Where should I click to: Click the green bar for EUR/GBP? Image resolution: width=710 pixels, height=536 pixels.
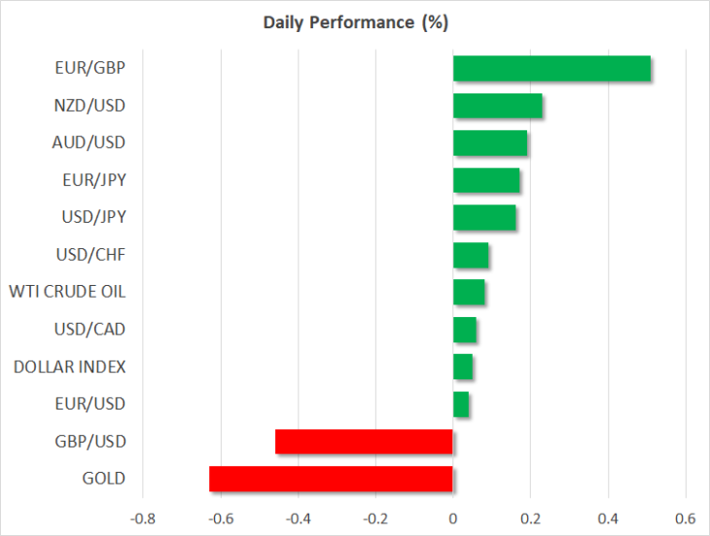point(551,68)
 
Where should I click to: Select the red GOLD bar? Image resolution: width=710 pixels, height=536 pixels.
point(331,479)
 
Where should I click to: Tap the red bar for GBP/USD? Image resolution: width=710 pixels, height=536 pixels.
point(364,442)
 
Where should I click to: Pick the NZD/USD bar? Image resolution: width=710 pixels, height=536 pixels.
point(498,105)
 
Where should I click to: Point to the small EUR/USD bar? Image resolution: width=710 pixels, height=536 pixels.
point(461,405)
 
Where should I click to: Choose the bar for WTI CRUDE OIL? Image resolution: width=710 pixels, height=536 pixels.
point(469,292)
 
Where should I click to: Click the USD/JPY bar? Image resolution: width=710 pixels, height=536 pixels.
point(484,217)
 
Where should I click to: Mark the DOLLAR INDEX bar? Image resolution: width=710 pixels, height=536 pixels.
point(463,367)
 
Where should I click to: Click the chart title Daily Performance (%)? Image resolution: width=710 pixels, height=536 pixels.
point(356,22)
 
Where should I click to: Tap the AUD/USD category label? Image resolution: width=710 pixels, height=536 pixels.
point(89,143)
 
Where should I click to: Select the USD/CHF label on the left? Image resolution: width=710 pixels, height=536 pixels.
point(90,255)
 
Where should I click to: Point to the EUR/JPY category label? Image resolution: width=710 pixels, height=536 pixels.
point(94,180)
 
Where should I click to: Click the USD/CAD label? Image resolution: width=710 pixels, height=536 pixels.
point(89,329)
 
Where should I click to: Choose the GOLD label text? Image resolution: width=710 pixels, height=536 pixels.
point(104,479)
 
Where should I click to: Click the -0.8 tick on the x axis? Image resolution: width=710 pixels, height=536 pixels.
point(143,518)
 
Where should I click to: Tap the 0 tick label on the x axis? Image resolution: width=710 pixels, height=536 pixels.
point(453,518)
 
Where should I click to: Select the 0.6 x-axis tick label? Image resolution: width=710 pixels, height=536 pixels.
point(686,518)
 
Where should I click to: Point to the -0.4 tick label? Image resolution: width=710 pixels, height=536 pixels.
point(298,518)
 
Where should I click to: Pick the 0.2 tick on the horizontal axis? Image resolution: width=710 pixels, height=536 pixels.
point(530,518)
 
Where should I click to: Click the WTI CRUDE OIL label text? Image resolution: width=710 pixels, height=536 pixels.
point(67,292)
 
